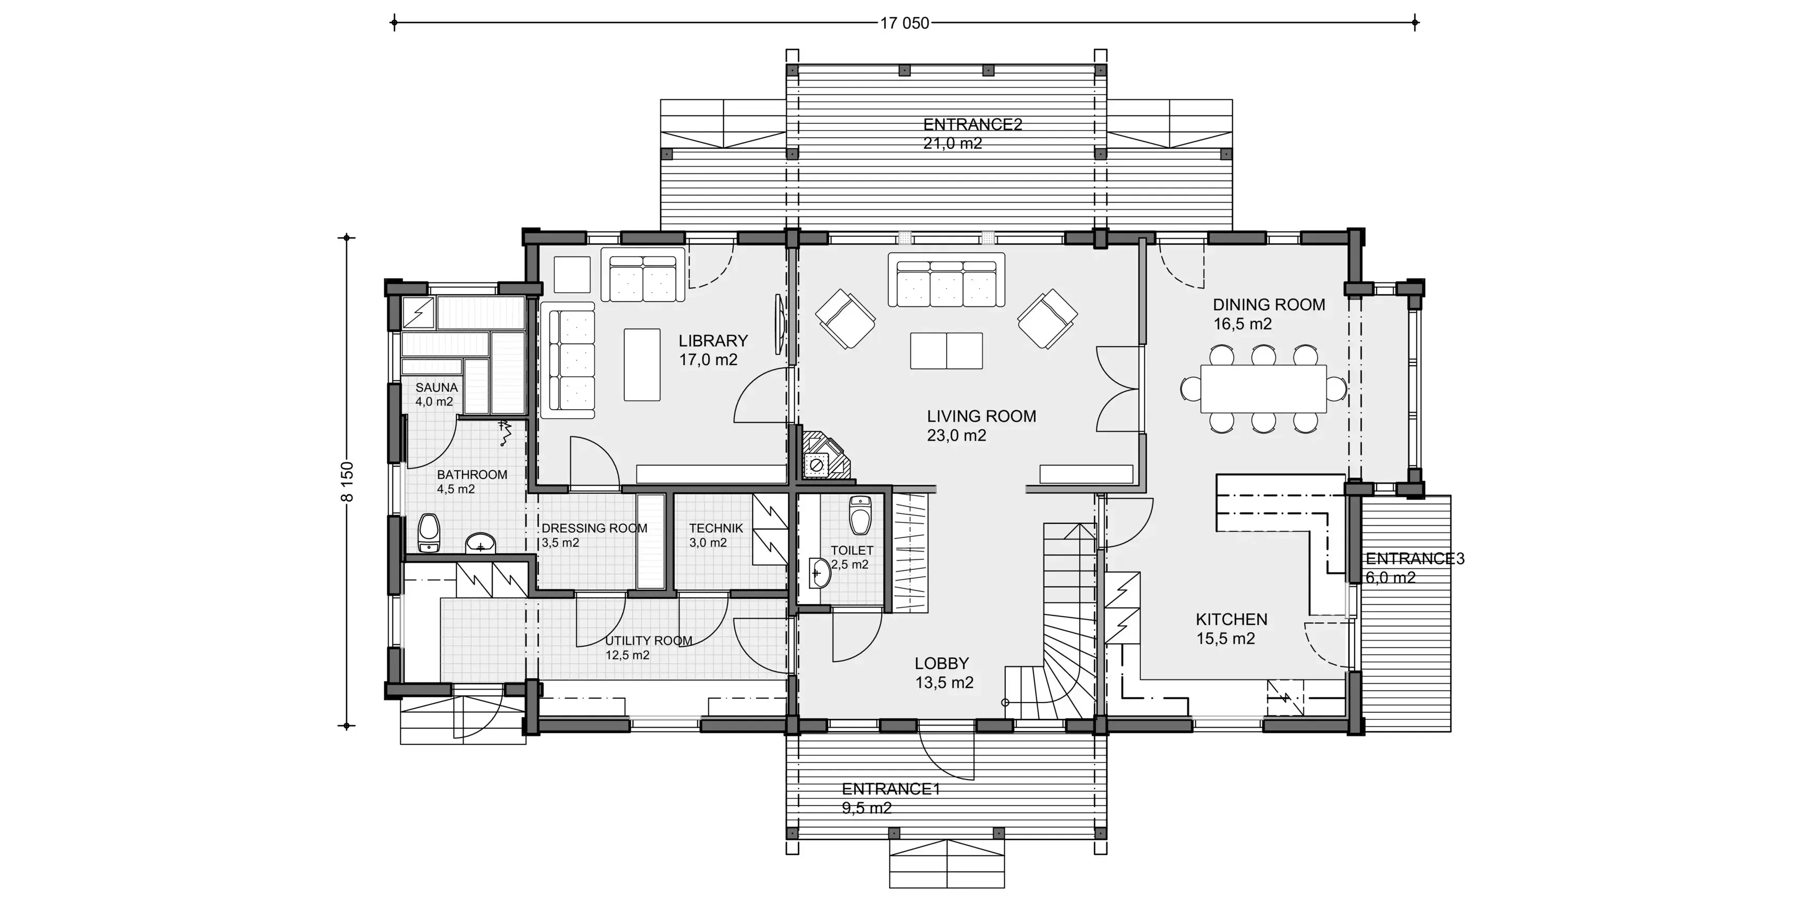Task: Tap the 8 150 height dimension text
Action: tap(348, 481)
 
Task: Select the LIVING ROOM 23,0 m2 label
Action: tap(981, 425)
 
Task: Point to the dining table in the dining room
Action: tap(1263, 389)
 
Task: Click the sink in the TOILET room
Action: tap(820, 574)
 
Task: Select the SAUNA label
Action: tap(436, 388)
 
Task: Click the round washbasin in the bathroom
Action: tap(480, 542)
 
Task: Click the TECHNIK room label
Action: tap(716, 529)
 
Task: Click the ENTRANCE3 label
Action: tap(1414, 559)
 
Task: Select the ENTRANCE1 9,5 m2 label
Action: tap(891, 798)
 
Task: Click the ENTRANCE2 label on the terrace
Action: tap(972, 125)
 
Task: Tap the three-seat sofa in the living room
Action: tap(947, 280)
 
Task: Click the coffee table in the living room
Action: tap(946, 350)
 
